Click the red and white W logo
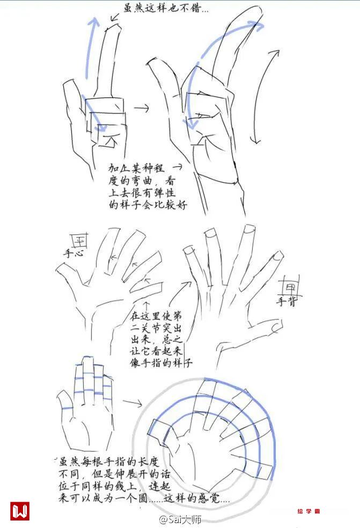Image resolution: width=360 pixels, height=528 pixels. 19,511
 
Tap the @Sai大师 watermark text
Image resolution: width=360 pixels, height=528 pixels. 180,519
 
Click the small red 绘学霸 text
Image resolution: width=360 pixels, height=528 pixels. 308,511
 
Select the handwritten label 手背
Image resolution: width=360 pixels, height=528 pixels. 286,301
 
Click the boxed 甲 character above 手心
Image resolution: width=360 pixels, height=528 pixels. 80,241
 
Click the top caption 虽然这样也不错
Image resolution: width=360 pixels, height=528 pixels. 165,8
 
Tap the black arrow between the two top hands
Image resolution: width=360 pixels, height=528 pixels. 141,108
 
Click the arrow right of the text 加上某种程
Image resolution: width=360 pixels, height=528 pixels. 178,166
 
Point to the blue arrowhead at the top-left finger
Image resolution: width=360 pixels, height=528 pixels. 94,22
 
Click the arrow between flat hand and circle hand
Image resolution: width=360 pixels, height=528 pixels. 133,403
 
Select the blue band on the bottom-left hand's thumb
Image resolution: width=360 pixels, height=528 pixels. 68,408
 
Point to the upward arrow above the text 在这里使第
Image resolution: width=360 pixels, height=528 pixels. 146,306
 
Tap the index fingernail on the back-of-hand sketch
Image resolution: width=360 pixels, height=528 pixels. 189,250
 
